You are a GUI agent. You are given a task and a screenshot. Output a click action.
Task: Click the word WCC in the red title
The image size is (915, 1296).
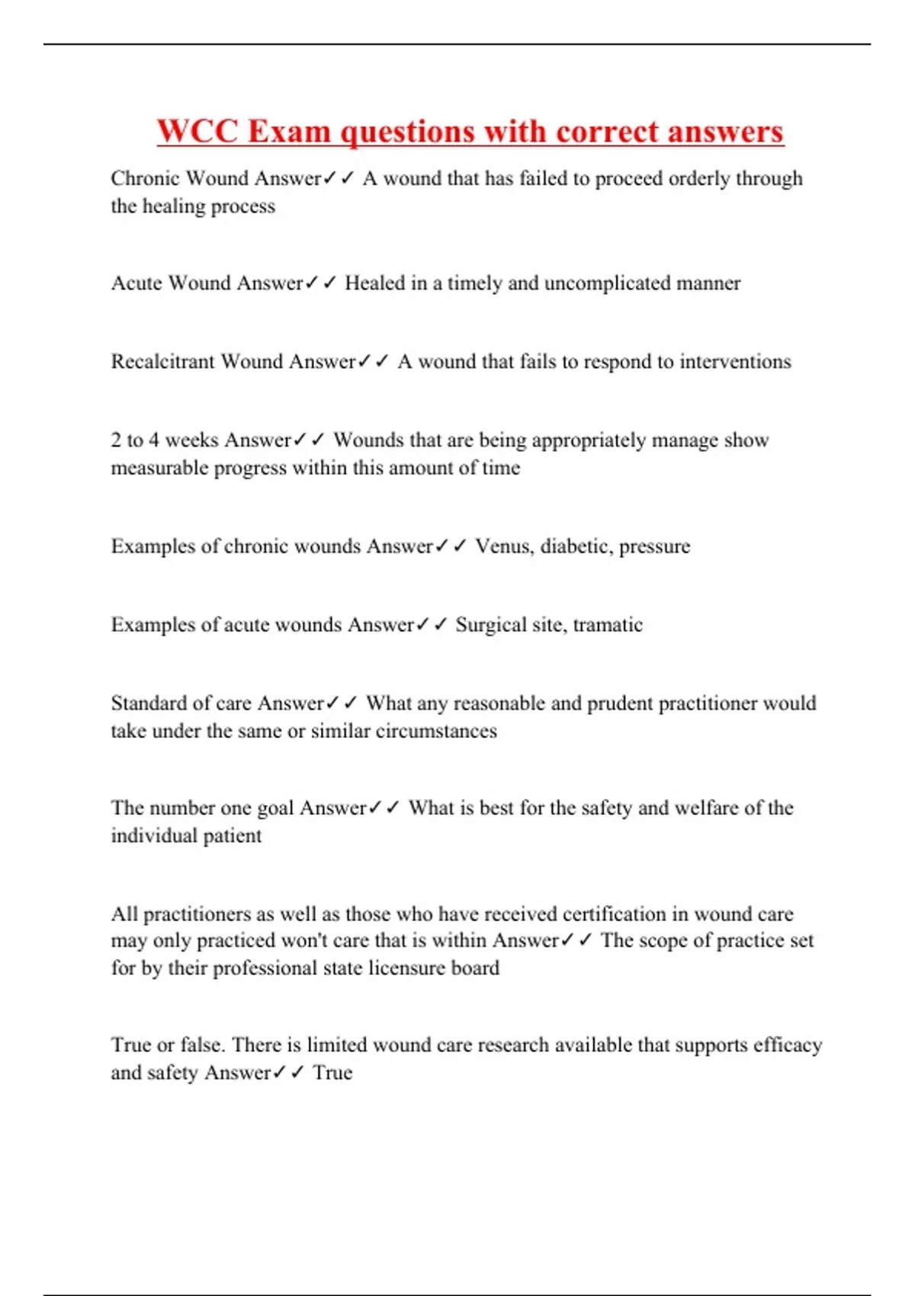pyautogui.click(x=197, y=131)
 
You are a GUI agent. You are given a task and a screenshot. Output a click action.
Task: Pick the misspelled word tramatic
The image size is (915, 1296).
pyautogui.click(x=608, y=624)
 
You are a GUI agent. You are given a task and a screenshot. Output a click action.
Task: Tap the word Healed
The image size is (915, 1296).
pyautogui.click(x=375, y=283)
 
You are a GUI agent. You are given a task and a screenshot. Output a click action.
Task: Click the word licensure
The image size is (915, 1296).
pyautogui.click(x=413, y=967)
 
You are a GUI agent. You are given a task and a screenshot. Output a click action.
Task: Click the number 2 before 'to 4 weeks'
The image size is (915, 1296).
pyautogui.click(x=116, y=440)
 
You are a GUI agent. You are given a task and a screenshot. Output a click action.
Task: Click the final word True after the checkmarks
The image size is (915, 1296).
pyautogui.click(x=332, y=1073)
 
